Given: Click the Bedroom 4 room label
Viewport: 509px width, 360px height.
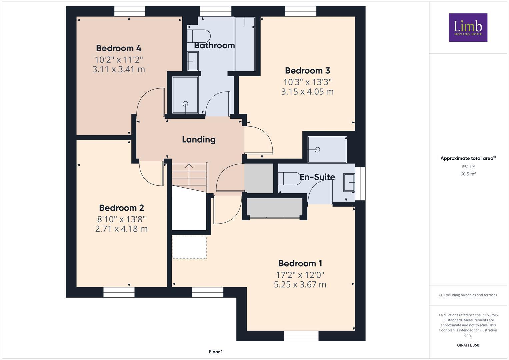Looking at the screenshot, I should pos(119,48).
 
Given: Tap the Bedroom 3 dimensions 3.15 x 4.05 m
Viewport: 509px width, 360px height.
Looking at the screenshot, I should pos(307,92).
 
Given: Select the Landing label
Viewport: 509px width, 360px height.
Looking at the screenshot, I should pos(199,139).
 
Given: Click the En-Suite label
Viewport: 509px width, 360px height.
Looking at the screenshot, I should pos(317,177).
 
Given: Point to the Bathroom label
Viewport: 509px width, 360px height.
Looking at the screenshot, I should pos(214,45).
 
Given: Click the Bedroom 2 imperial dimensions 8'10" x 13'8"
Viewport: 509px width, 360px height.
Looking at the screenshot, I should pos(121,219).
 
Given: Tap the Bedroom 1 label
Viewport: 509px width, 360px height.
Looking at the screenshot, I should pos(300,263).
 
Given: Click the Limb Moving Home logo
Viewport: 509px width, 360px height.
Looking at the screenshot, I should pos(468,27).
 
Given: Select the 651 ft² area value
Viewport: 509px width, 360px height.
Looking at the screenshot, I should pos(468,167).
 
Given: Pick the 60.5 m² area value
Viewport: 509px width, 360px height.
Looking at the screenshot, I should pos(468,174).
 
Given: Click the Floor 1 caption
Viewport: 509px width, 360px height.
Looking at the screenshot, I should pos(216,352).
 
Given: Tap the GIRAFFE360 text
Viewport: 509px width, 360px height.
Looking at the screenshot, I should pos(468,345).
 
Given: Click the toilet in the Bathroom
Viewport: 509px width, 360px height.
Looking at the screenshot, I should pos(199,36).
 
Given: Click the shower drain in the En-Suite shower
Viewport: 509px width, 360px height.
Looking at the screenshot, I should pos(317,150).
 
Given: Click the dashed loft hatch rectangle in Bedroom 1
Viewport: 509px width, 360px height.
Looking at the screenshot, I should pos(189,247).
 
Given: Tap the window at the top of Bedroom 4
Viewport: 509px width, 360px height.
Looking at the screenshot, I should pos(130,11).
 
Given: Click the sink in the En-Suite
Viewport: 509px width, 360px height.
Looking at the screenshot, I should pos(349,182).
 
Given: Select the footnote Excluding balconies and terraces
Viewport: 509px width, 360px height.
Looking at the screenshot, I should pos(468,295).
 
